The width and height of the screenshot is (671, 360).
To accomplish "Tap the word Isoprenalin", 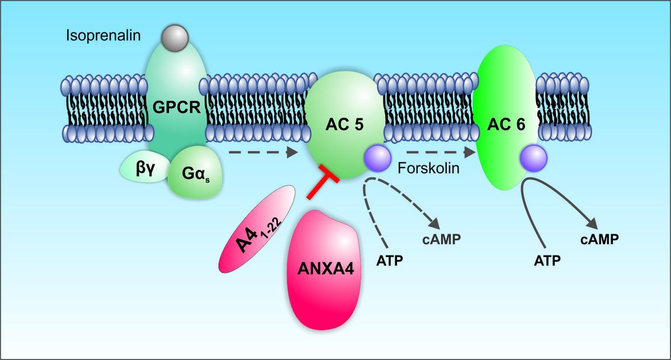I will click(x=103, y=36).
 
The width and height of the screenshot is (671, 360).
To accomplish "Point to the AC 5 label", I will click(x=345, y=125).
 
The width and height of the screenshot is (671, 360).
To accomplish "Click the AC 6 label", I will click(x=505, y=125).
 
